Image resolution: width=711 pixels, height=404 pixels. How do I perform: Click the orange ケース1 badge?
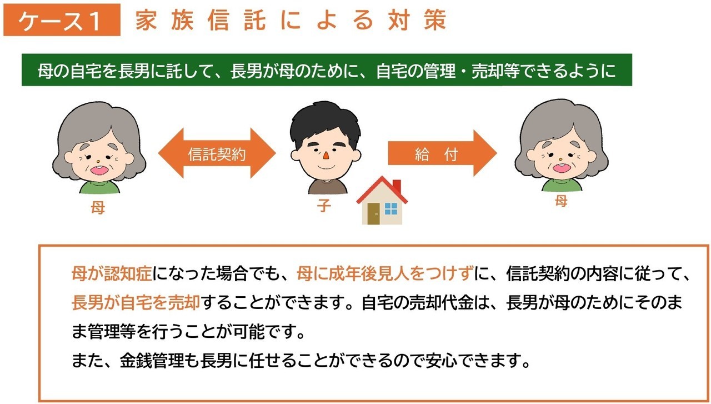tap(62, 20)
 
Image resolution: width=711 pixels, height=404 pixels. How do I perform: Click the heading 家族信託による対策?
tap(291, 20)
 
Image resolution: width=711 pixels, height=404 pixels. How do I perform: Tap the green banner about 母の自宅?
tap(327, 70)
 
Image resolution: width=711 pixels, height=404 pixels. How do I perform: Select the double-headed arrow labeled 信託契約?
tap(217, 153)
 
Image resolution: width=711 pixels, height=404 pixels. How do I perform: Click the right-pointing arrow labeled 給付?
tap(442, 153)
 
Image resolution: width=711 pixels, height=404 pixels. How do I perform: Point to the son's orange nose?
tap(326, 156)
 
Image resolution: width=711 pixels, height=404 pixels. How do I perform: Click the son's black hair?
tap(325, 122)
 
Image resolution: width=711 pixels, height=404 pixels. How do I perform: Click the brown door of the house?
tap(374, 214)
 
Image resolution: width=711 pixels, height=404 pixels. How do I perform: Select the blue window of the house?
tap(390, 209)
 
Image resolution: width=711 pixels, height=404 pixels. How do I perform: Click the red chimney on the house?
tap(397, 186)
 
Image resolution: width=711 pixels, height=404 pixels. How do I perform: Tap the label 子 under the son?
tap(324, 206)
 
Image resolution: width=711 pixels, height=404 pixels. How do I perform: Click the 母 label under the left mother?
tap(98, 208)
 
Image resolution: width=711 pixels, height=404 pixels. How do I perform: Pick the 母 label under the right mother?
tap(561, 201)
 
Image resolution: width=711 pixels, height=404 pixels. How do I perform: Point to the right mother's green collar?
tap(562, 184)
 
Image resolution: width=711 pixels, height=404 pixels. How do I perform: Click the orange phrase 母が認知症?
tap(112, 273)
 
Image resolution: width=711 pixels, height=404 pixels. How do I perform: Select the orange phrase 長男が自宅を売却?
tap(136, 302)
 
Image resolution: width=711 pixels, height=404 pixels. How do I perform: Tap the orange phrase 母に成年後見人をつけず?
tap(385, 273)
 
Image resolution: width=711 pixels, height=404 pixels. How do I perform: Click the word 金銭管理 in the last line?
tap(152, 360)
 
